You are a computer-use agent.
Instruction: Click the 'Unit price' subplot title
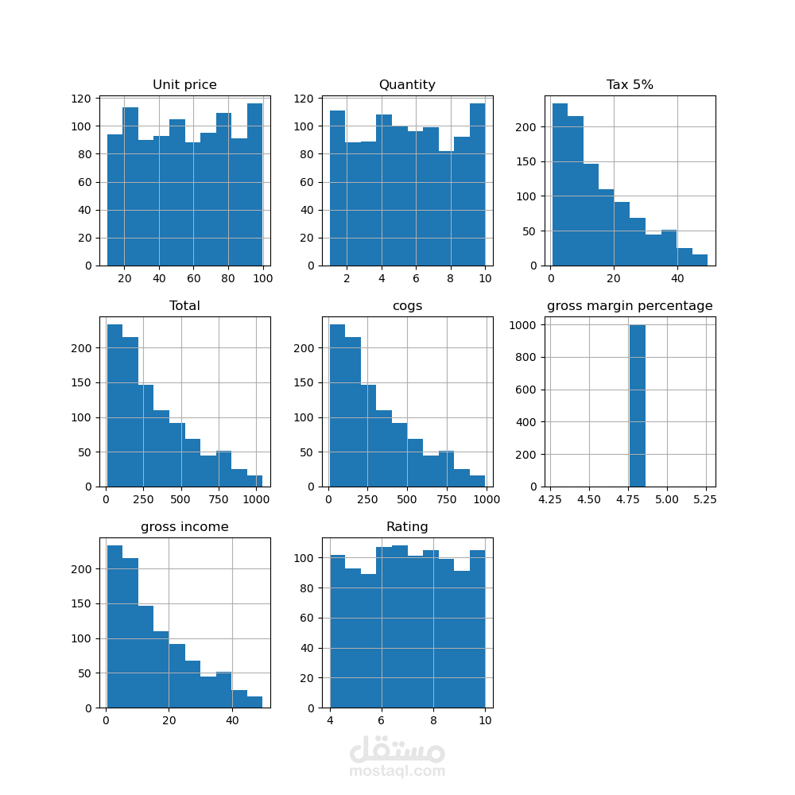point(184,85)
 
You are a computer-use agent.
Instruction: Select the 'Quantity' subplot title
point(407,85)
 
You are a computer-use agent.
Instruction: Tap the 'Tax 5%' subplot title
point(630,85)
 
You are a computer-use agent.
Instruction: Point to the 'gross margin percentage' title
point(630,306)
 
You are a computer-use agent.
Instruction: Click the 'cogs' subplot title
point(407,306)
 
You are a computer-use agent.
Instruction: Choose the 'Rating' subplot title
point(407,527)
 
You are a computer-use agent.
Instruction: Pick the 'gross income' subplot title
point(184,527)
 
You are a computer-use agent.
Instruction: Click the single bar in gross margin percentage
point(638,405)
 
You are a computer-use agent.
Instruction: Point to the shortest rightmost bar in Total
point(254,481)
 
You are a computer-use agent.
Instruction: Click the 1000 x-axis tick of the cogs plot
point(486,500)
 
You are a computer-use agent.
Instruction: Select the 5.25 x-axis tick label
point(704,500)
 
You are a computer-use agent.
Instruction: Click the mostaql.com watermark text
point(397,771)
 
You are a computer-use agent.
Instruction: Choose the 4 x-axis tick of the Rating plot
point(330,721)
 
